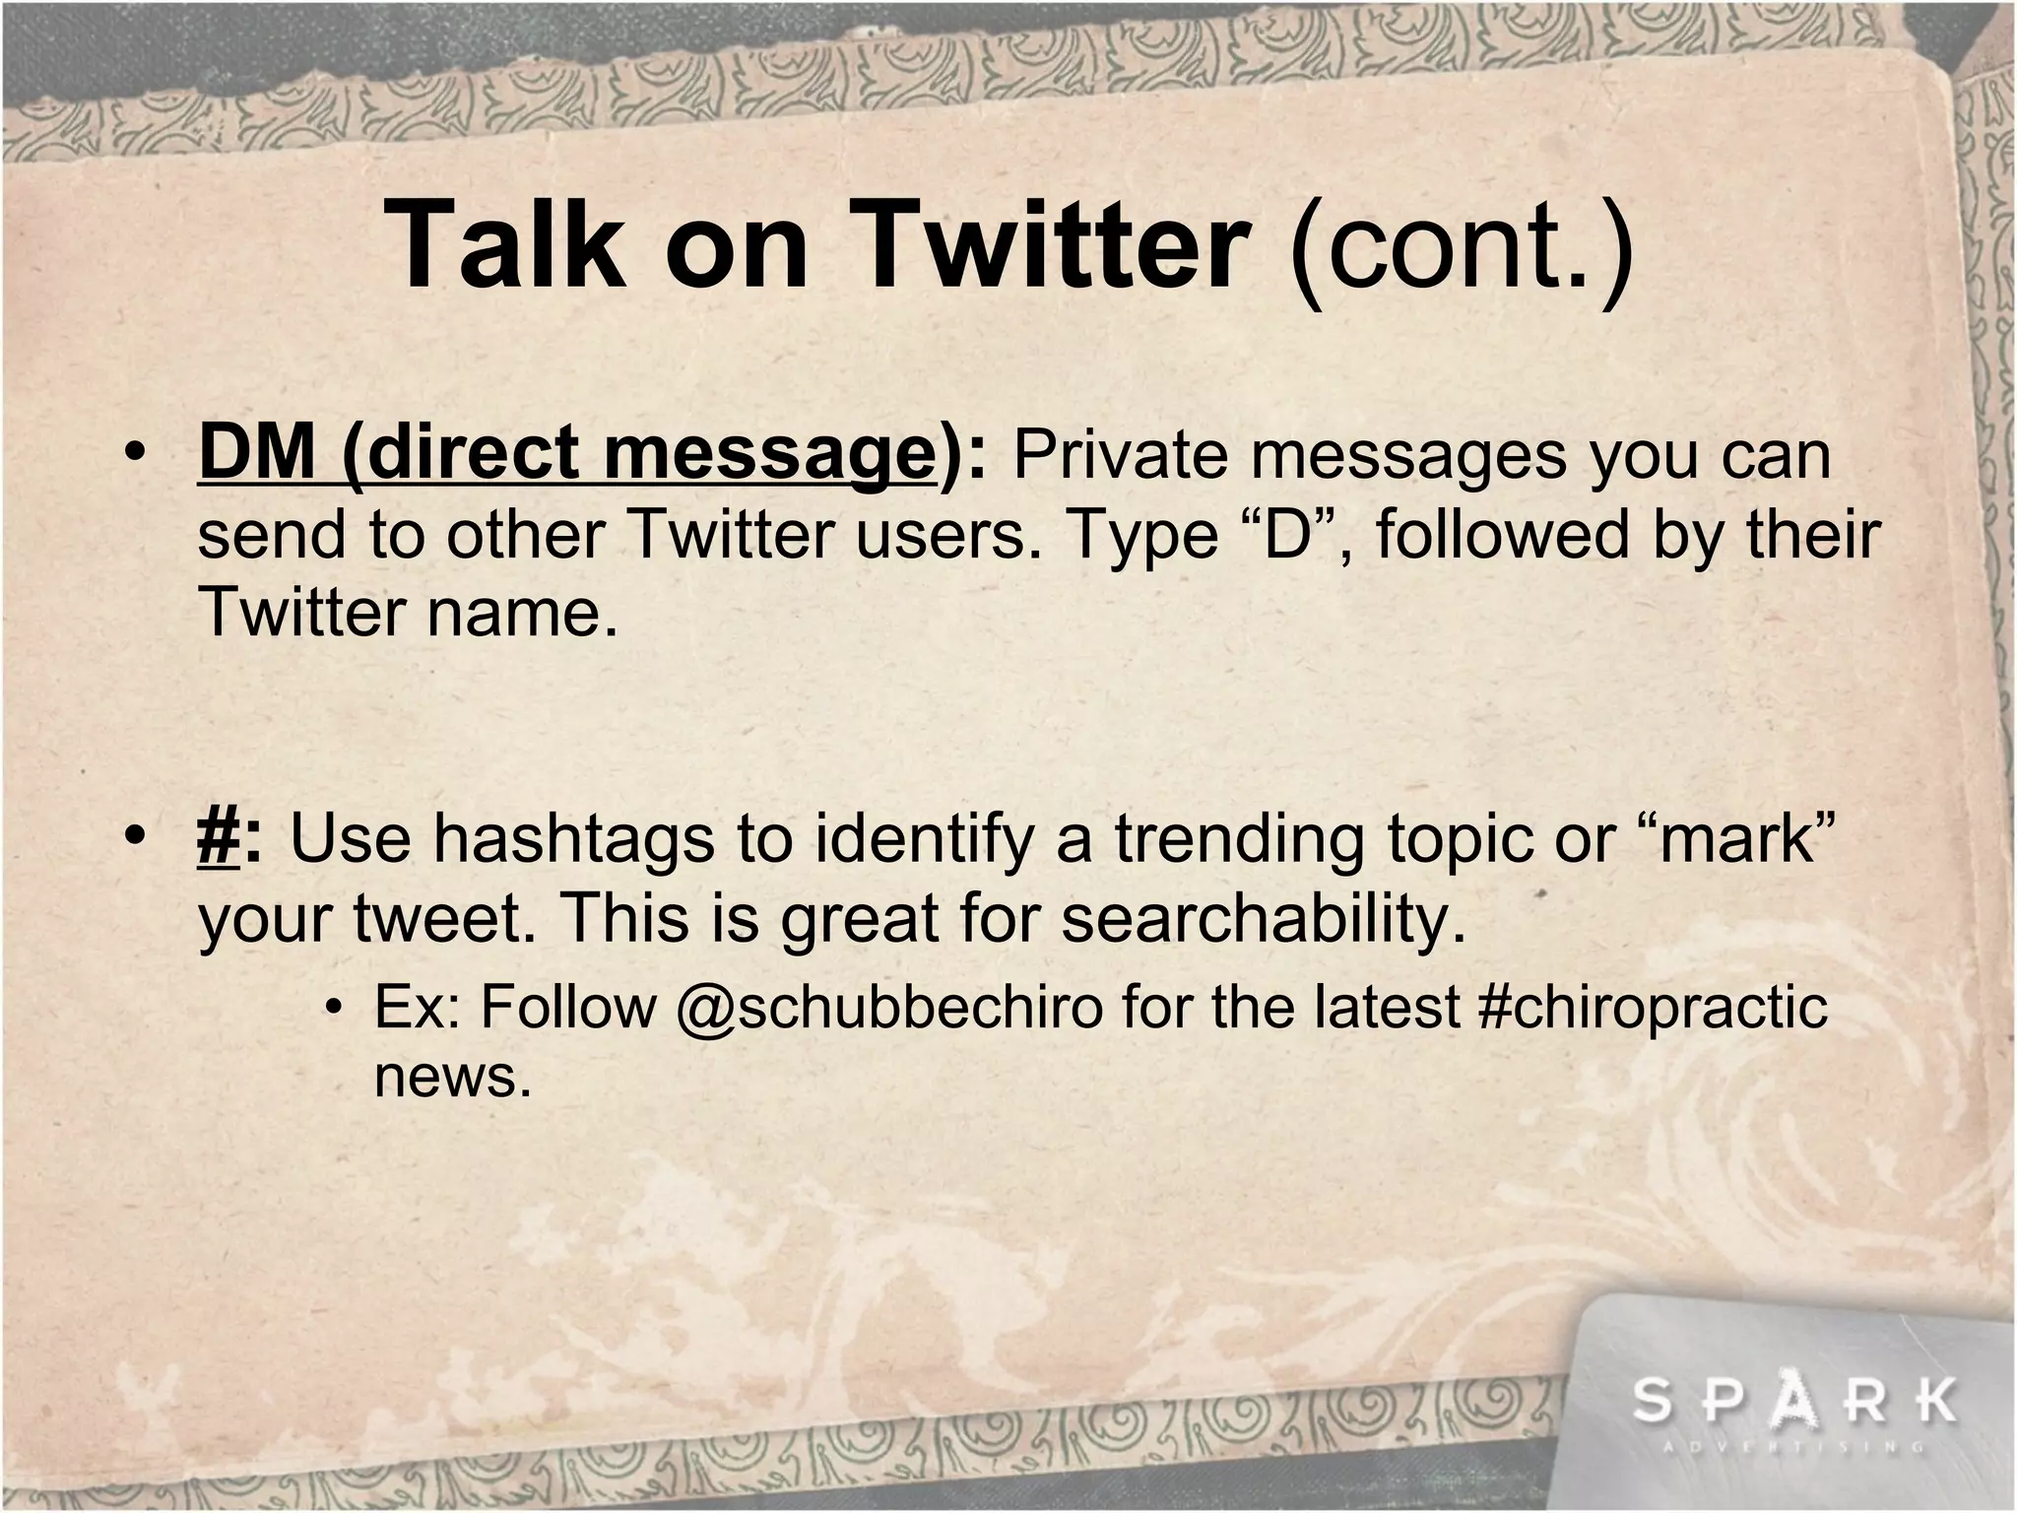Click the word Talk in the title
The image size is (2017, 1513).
click(x=507, y=243)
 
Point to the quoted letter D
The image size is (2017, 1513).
click(x=1283, y=535)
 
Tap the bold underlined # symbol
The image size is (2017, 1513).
click(x=220, y=838)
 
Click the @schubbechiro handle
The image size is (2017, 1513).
click(x=889, y=1007)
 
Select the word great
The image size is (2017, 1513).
click(x=859, y=918)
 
